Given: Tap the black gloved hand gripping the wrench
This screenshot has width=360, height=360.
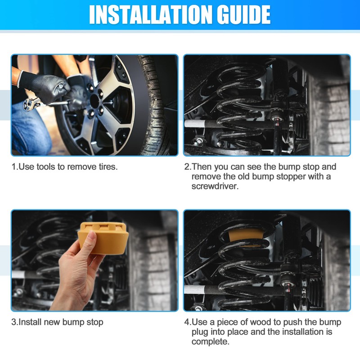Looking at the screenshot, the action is [x=44, y=86].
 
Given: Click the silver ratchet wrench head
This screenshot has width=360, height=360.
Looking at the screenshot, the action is [x=30, y=104].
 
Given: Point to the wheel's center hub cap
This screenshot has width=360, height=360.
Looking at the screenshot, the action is [x=94, y=101].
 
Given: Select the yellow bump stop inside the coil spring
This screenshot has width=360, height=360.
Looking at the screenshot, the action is [x=246, y=235].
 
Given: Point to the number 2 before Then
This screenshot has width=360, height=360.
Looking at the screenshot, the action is [x=187, y=167].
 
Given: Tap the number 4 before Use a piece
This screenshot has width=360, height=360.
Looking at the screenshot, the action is [x=187, y=322].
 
